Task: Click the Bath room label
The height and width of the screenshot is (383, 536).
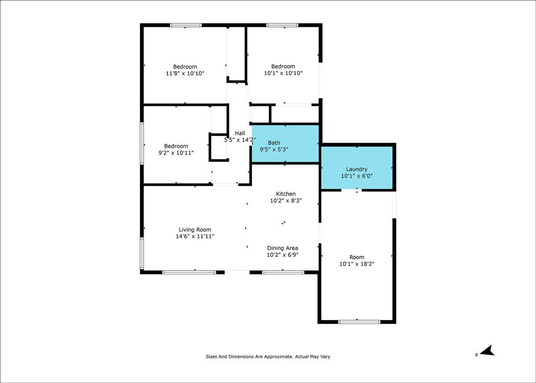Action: pyautogui.click(x=274, y=143)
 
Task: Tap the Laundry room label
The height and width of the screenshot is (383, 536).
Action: pyautogui.click(x=356, y=169)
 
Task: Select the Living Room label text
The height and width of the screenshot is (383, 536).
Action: pyautogui.click(x=195, y=230)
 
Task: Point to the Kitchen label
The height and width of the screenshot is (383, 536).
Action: pyautogui.click(x=286, y=194)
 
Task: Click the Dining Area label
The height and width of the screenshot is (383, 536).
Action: pyautogui.click(x=283, y=248)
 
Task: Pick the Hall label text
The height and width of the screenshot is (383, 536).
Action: pyautogui.click(x=240, y=133)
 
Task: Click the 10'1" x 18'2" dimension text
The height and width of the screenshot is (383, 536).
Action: pyautogui.click(x=357, y=264)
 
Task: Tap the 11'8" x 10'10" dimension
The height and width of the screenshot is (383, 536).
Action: pyautogui.click(x=185, y=73)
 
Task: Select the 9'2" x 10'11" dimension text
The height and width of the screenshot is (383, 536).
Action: pyautogui.click(x=176, y=153)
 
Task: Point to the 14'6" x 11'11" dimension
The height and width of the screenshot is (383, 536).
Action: pyautogui.click(x=195, y=236)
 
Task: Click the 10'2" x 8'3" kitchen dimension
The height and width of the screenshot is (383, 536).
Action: pyautogui.click(x=286, y=200)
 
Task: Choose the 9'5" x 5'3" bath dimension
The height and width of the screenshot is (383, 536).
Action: pyautogui.click(x=274, y=149)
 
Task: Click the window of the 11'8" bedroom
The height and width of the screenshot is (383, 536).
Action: pyautogui.click(x=186, y=25)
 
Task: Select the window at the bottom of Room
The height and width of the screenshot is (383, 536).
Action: pyautogui.click(x=359, y=322)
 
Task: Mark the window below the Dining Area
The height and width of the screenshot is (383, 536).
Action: pyautogui.click(x=283, y=272)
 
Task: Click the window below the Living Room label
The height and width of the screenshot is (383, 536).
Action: pyautogui.click(x=189, y=272)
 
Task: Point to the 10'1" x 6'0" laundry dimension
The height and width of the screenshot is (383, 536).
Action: pyautogui.click(x=357, y=176)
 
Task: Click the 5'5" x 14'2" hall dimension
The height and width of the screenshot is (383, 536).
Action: pyautogui.click(x=240, y=140)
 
